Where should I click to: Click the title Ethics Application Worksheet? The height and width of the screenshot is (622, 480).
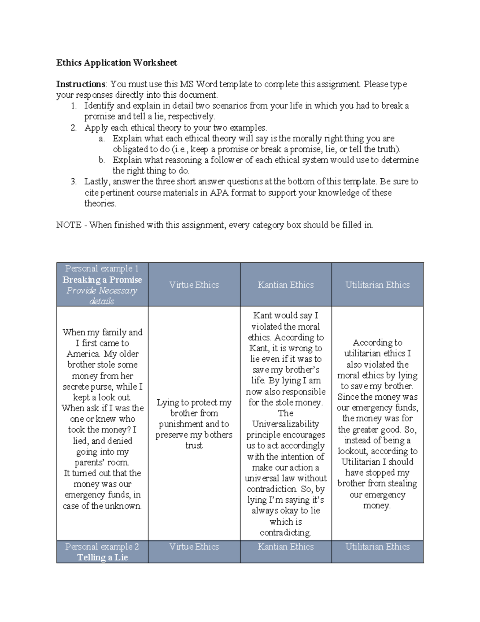[x=116, y=62]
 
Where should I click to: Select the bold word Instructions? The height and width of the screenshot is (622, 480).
[x=81, y=84]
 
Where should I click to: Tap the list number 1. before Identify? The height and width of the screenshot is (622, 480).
[x=73, y=106]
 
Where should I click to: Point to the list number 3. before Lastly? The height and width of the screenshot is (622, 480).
[x=73, y=181]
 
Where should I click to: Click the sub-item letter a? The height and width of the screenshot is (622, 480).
[x=102, y=139]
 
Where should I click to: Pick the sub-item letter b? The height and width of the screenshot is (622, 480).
[x=102, y=160]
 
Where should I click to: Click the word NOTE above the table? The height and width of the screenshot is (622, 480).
[x=69, y=225]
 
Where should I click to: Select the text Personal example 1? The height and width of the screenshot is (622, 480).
[x=102, y=268]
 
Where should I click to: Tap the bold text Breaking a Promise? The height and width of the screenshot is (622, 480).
[x=102, y=280]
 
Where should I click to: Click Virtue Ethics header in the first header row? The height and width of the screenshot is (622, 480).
[x=194, y=285]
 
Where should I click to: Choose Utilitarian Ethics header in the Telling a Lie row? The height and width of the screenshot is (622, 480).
[x=377, y=546]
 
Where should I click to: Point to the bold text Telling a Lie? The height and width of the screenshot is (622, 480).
[x=102, y=557]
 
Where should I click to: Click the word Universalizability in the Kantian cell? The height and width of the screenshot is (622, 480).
[x=286, y=424]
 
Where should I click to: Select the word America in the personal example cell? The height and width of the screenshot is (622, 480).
[x=83, y=354]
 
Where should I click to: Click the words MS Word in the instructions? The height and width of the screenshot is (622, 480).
[x=196, y=84]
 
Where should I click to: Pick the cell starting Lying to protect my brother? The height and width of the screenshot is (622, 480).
[x=194, y=424]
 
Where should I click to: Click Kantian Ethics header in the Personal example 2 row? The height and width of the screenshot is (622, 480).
[x=286, y=546]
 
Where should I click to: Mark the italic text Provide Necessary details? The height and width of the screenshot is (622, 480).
[x=102, y=296]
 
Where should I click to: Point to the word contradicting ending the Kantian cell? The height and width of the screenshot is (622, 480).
[x=286, y=533]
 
